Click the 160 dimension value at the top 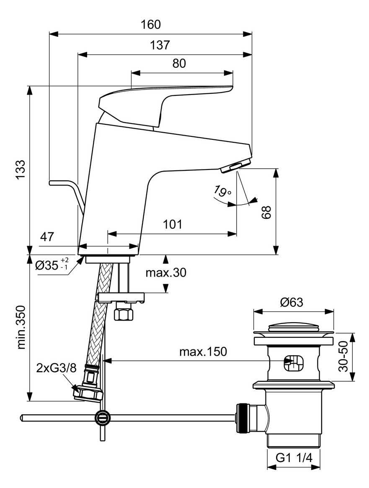click(151, 25)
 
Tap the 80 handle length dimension click(179, 64)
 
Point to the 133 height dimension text click(21, 170)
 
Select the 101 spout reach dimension click(173, 224)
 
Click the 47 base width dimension click(46, 237)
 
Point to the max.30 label click(166, 273)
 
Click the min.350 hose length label click(21, 327)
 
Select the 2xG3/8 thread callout click(56, 368)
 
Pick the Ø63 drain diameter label click(291, 302)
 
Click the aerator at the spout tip click(235, 166)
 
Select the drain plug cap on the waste click(294, 328)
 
